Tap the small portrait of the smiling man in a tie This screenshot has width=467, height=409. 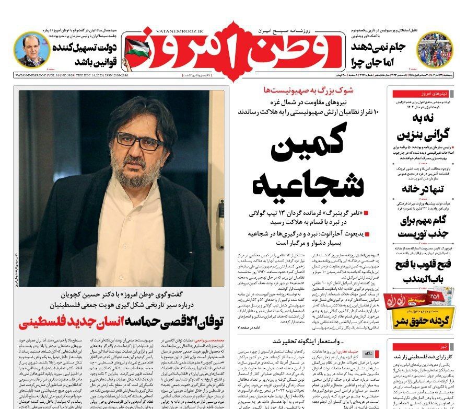[x=32, y=50]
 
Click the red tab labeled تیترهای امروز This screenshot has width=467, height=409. [x=433, y=95]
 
